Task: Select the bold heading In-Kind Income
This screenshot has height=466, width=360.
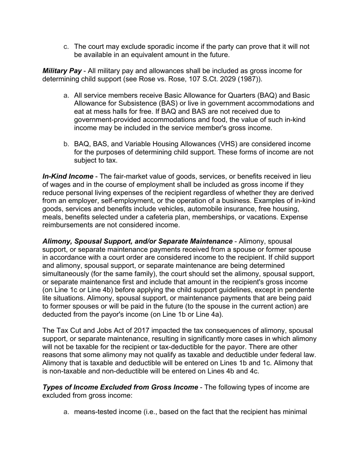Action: pyautogui.click(x=68, y=176)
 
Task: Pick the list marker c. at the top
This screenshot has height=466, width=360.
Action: pyautogui.click(x=66, y=47)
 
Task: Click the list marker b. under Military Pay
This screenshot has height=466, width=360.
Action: pyautogui.click(x=66, y=144)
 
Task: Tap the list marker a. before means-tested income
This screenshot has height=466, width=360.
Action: pyautogui.click(x=66, y=412)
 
